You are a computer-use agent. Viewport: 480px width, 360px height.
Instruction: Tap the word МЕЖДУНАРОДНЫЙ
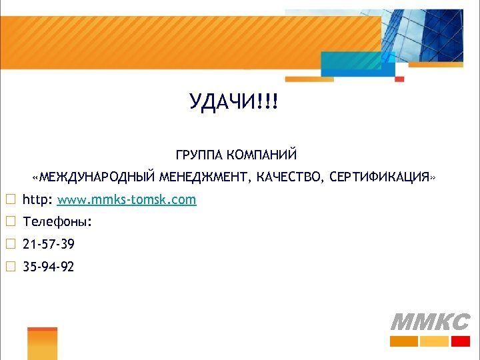pyautogui.click(x=97, y=178)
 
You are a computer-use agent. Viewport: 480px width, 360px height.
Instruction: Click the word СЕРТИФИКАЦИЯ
pyautogui.click(x=379, y=178)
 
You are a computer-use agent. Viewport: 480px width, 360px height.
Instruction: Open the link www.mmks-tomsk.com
pyautogui.click(x=127, y=200)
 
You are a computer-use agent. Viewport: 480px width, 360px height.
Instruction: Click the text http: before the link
pyautogui.click(x=37, y=200)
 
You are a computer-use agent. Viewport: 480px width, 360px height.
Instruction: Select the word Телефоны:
pyautogui.click(x=57, y=222)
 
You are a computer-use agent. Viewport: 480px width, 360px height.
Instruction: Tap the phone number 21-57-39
pyautogui.click(x=48, y=245)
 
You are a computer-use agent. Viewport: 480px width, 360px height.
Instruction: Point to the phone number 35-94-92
pyautogui.click(x=48, y=267)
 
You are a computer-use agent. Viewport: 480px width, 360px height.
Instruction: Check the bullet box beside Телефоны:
pyautogui.click(x=10, y=222)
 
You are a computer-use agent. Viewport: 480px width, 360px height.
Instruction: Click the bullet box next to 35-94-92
pyautogui.click(x=10, y=267)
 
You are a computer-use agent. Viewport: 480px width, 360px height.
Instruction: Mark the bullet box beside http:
pyautogui.click(x=10, y=200)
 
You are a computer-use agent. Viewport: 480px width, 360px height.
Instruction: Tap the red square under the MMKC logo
pyautogui.click(x=461, y=341)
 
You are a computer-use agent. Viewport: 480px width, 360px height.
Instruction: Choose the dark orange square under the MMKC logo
pyautogui.click(x=404, y=341)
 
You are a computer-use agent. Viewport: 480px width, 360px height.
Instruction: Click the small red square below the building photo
pyautogui.click(x=400, y=79)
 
